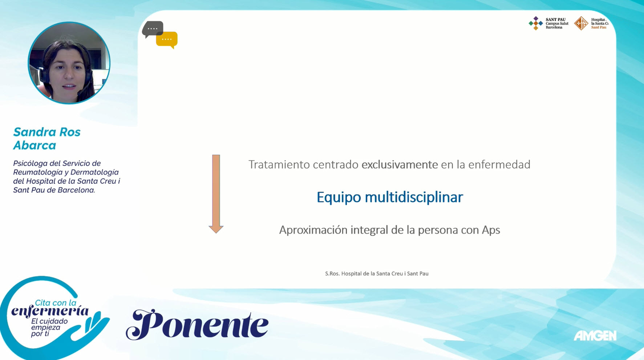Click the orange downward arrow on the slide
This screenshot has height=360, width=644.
216,194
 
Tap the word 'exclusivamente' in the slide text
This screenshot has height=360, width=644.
400,165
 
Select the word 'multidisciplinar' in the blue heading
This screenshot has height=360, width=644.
414,197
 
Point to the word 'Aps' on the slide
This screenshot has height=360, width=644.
491,230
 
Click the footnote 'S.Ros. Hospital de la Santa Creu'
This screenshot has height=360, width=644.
377,274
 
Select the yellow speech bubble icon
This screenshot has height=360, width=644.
167,40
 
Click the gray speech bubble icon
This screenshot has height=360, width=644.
152,29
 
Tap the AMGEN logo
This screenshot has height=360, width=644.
595,336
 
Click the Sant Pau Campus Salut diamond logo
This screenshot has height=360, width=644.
535,24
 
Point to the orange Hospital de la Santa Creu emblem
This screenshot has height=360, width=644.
581,24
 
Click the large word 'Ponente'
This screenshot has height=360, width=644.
197,324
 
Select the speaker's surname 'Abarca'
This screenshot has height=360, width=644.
35,145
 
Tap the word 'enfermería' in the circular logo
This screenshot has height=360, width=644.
50,311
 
